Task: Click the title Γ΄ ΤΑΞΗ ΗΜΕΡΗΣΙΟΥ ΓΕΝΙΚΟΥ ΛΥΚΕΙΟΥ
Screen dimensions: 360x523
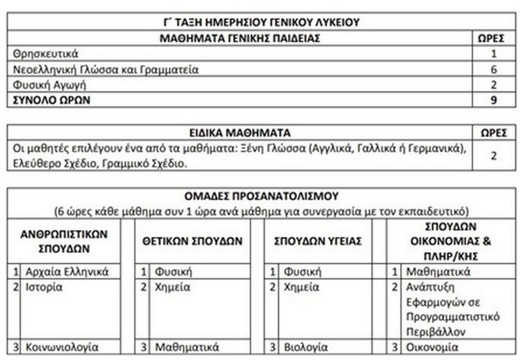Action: (x=261, y=22)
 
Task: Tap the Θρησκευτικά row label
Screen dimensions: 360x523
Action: (x=45, y=54)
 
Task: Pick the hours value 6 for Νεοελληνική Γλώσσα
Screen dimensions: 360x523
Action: (x=493, y=70)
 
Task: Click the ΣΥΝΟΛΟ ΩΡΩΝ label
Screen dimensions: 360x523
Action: (x=52, y=101)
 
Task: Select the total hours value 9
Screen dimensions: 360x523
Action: (x=493, y=101)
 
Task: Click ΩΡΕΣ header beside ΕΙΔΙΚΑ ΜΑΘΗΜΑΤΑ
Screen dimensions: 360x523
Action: (x=493, y=133)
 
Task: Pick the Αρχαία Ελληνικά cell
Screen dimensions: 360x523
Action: (x=66, y=272)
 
